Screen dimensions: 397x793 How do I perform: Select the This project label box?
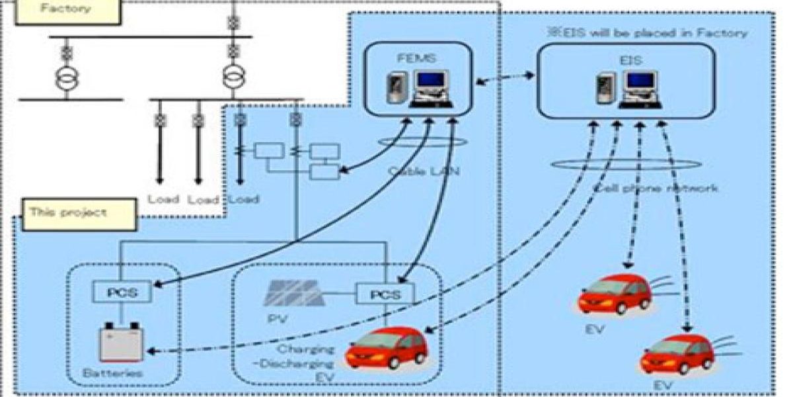coord(79,214)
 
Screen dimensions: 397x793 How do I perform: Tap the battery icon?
coord(120,342)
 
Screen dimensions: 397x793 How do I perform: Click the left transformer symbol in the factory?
coord(66,77)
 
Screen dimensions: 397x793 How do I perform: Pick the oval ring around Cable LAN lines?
coord(423,142)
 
